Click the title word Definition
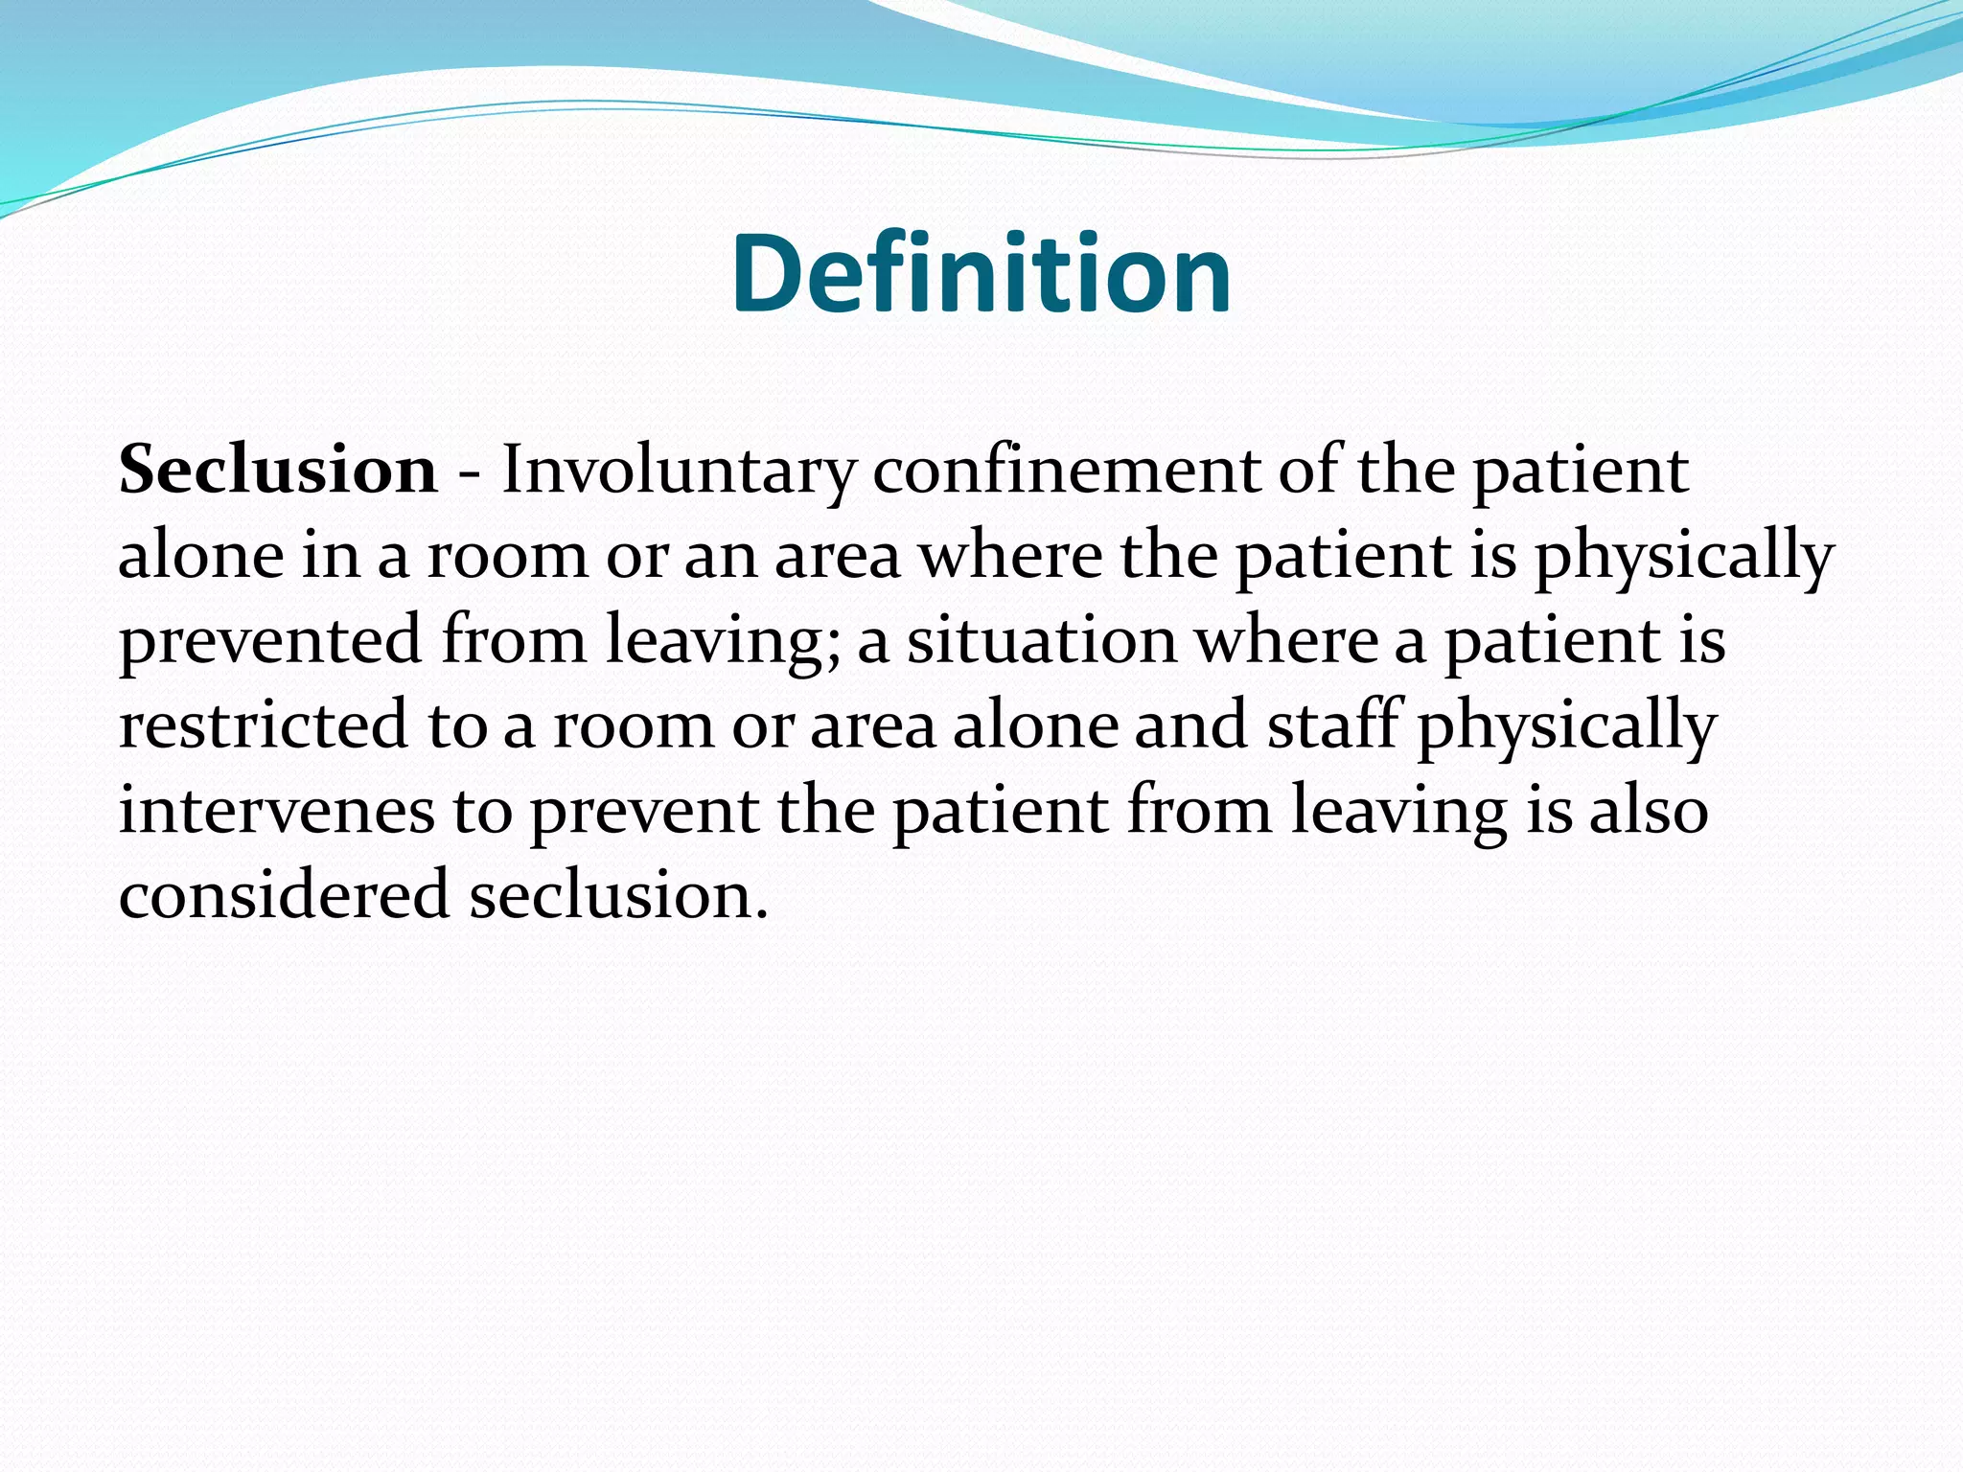981,274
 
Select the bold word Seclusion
278,471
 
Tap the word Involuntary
679,471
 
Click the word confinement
1066,471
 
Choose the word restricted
264,725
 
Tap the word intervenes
276,811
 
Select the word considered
284,895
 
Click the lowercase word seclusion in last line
618,895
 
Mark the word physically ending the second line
1684,557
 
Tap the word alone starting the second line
201,557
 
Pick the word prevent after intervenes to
644,811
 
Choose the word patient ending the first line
1580,471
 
